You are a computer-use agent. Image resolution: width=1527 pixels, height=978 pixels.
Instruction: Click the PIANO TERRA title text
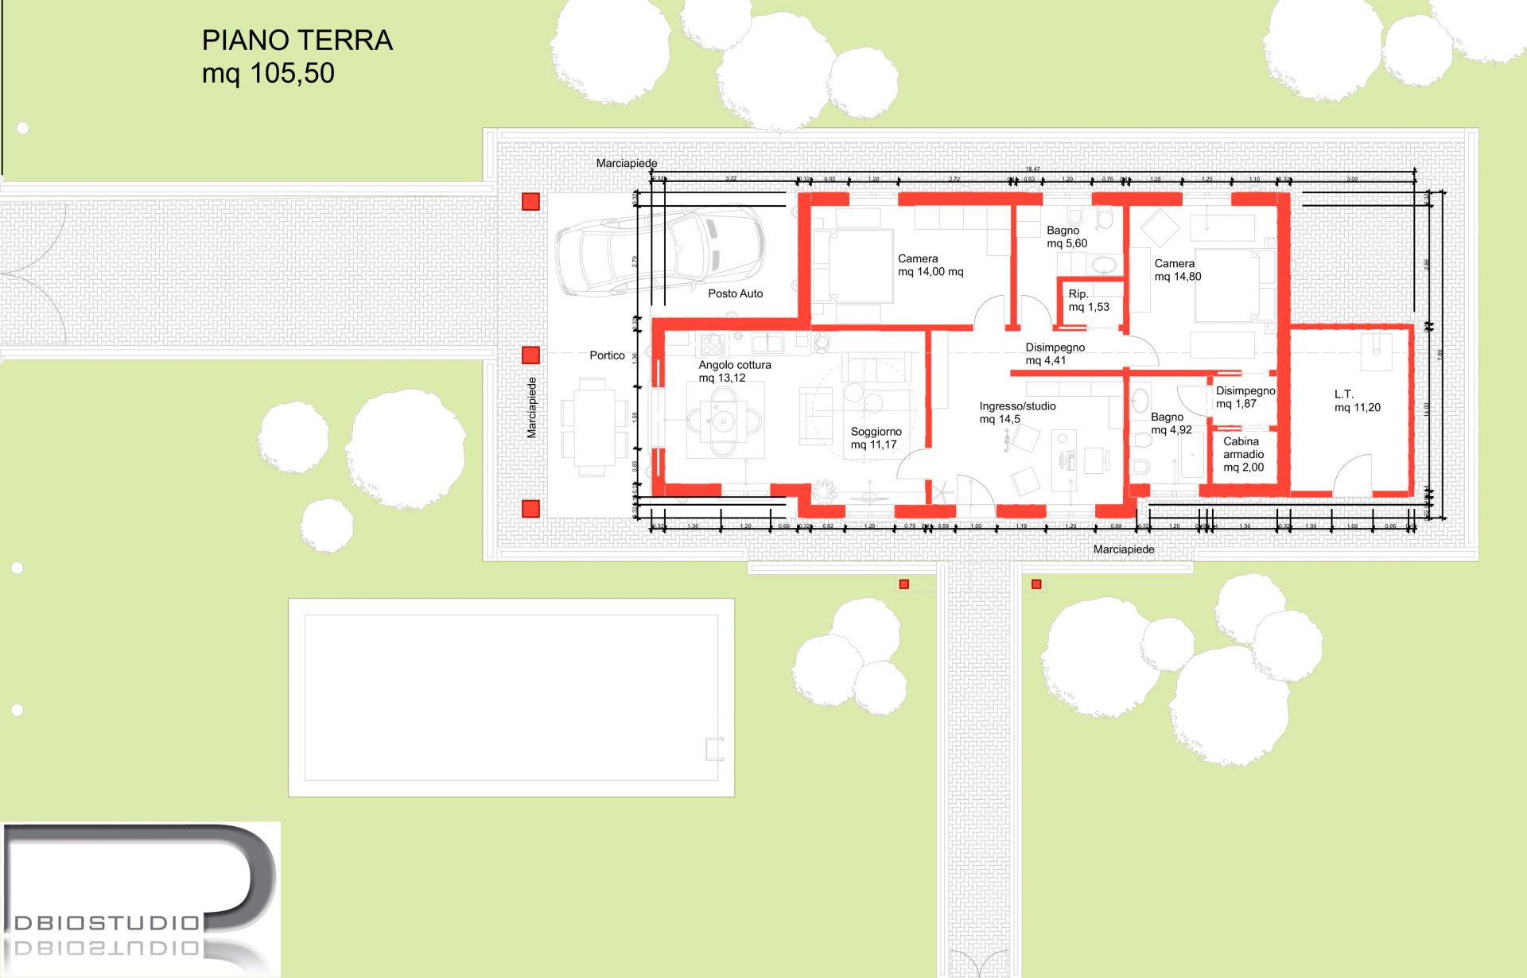pos(297,41)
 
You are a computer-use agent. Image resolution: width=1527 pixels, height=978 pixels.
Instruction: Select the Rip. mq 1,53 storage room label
pos(1088,301)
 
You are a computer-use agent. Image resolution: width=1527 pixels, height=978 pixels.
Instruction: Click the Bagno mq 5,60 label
pos(1066,237)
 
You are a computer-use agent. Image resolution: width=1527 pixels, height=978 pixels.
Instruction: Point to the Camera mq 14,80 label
pos(1177,270)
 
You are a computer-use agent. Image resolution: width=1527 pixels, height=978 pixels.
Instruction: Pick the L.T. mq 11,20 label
pos(1357,401)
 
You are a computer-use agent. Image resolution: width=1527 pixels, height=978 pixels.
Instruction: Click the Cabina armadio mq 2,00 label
pos(1243,454)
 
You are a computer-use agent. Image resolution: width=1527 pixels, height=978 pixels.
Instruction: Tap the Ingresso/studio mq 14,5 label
pos(1017,412)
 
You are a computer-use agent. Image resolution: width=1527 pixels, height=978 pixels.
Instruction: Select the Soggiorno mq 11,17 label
pos(876,438)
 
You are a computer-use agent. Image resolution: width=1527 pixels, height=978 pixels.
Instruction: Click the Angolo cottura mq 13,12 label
pos(734,371)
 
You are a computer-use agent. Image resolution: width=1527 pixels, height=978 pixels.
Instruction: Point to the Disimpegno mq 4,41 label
pos(1055,354)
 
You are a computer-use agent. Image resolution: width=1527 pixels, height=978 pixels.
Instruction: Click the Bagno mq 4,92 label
pos(1171,423)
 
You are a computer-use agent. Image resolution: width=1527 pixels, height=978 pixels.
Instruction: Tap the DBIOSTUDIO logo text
pos(107,922)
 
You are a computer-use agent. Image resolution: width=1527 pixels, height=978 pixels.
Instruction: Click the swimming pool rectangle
pos(511,697)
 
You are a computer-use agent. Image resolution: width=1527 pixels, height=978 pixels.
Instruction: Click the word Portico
pos(607,355)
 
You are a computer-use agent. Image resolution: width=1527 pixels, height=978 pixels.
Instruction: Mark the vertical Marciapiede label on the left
pos(532,407)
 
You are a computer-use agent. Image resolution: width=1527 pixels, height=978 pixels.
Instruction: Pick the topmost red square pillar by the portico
pos(530,202)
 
